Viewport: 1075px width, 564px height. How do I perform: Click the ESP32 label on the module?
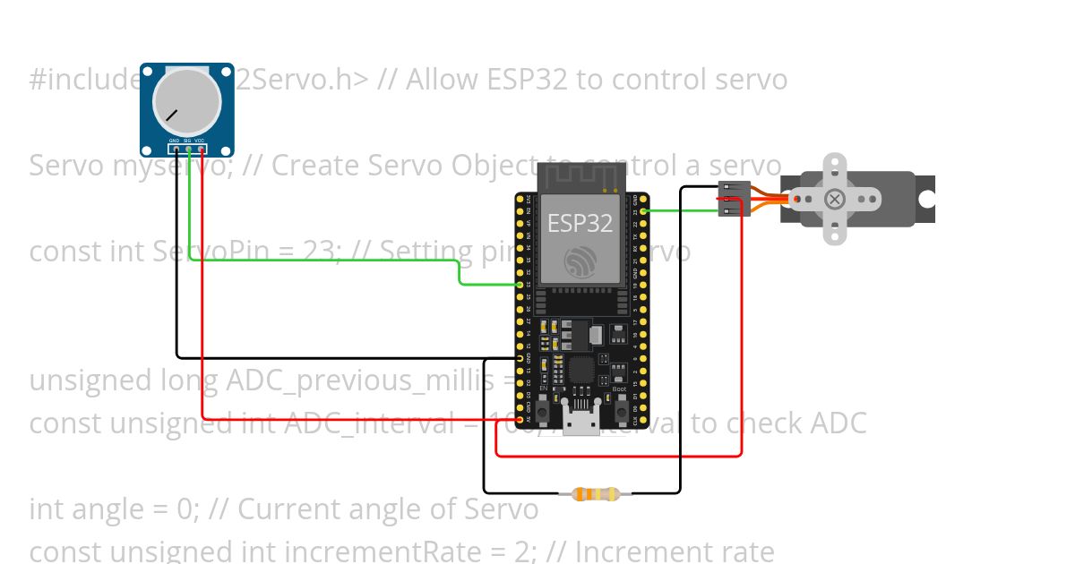pyautogui.click(x=580, y=223)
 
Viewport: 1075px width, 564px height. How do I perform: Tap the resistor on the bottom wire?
pyautogui.click(x=595, y=493)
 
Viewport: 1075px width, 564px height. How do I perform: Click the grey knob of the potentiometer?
pyautogui.click(x=186, y=98)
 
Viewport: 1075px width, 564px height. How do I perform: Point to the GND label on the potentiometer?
pyautogui.click(x=175, y=141)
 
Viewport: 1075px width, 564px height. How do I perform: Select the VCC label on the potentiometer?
pyautogui.click(x=200, y=141)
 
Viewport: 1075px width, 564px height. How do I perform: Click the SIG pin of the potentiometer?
pyautogui.click(x=187, y=150)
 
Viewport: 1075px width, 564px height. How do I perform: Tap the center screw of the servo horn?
pyautogui.click(x=834, y=199)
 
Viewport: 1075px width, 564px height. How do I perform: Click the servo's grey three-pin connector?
pyautogui.click(x=734, y=198)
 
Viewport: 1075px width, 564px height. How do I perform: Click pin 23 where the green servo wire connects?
pyautogui.click(x=644, y=211)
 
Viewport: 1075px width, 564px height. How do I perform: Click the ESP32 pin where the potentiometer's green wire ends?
pyautogui.click(x=520, y=285)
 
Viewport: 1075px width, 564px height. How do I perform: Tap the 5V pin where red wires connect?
pyautogui.click(x=520, y=419)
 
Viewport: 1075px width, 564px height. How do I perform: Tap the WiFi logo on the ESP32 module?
pyautogui.click(x=580, y=261)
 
